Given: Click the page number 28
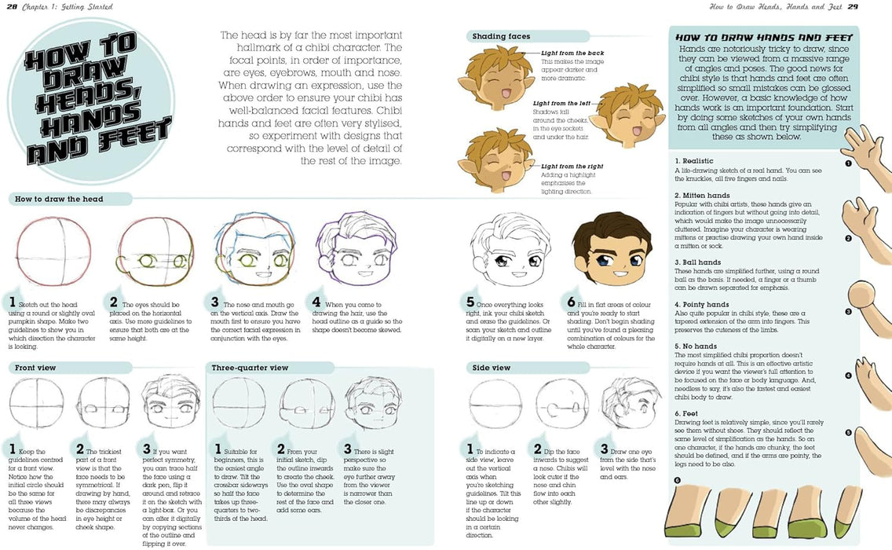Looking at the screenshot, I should tap(12, 7).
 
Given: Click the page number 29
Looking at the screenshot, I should tap(874, 7).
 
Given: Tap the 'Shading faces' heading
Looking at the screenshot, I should tap(501, 36).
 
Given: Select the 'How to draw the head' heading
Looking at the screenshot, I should tap(59, 199).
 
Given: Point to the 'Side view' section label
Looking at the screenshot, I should tap(491, 368).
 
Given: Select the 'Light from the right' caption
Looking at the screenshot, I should tap(572, 167).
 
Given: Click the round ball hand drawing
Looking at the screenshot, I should tap(866, 303).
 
